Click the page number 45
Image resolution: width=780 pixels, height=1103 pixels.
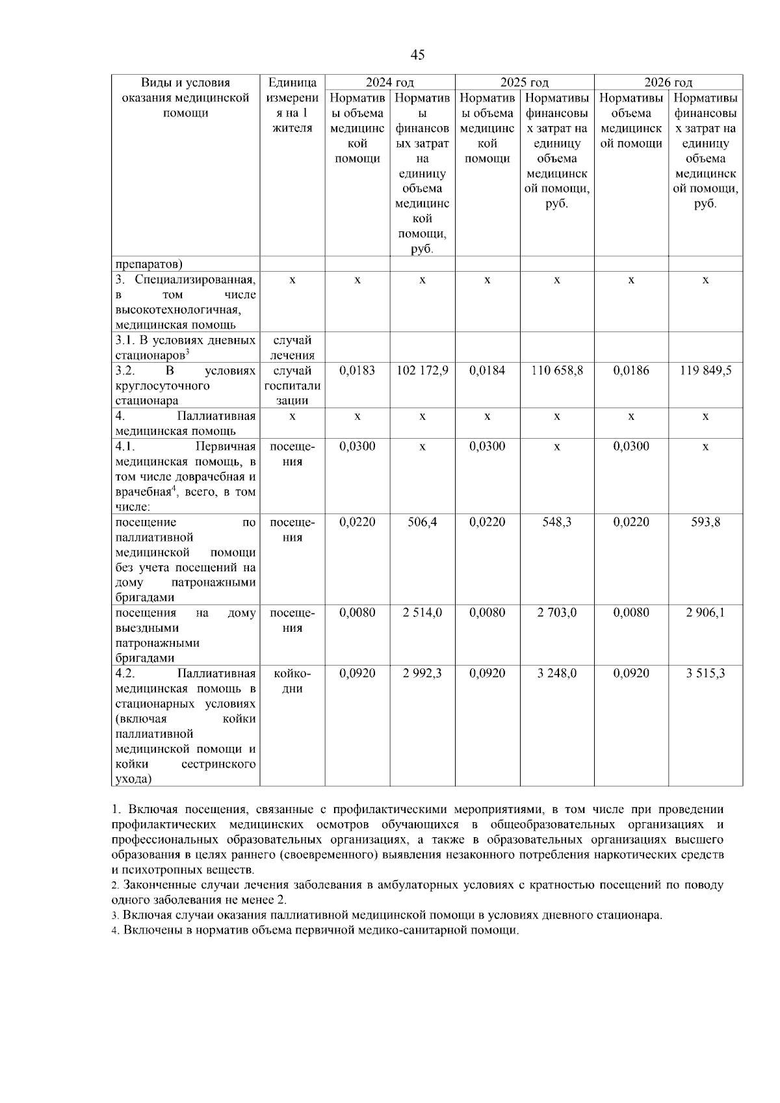point(418,55)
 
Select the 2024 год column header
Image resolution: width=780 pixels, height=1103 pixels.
point(389,83)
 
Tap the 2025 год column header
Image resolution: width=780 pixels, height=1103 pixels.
point(524,83)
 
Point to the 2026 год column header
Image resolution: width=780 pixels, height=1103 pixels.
point(668,83)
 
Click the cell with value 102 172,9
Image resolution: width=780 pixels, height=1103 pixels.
point(422,370)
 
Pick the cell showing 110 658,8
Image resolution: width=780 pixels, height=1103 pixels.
point(557,370)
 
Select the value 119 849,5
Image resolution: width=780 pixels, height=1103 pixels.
point(705,370)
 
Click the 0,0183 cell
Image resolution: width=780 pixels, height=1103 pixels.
point(357,370)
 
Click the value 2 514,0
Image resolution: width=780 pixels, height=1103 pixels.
point(422,613)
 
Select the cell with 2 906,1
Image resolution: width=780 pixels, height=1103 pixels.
point(705,613)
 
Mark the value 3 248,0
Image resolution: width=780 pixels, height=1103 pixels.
point(557,673)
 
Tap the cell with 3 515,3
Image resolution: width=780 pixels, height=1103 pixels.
point(705,673)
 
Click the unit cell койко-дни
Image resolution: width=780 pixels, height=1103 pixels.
point(292,681)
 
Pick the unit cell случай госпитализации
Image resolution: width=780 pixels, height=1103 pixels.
point(292,385)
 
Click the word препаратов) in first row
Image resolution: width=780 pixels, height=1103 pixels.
point(149,264)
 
